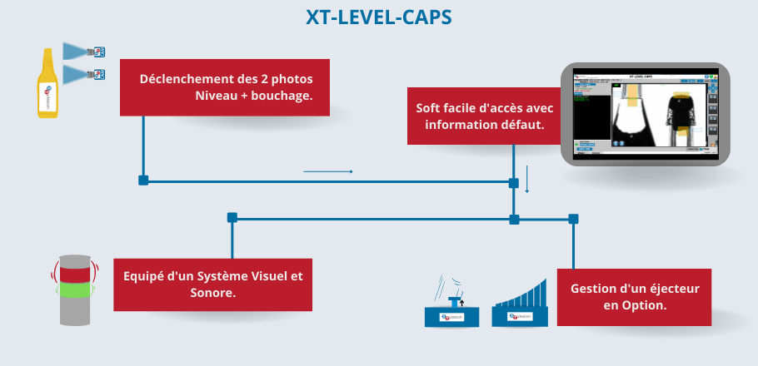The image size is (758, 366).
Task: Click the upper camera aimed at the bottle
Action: pyautogui.click(x=86, y=52)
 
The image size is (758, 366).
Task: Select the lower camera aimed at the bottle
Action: pyautogui.click(x=86, y=74)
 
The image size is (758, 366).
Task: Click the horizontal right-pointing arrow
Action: pyautogui.click(x=328, y=172)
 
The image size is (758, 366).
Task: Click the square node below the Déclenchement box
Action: pyautogui.click(x=143, y=181)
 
